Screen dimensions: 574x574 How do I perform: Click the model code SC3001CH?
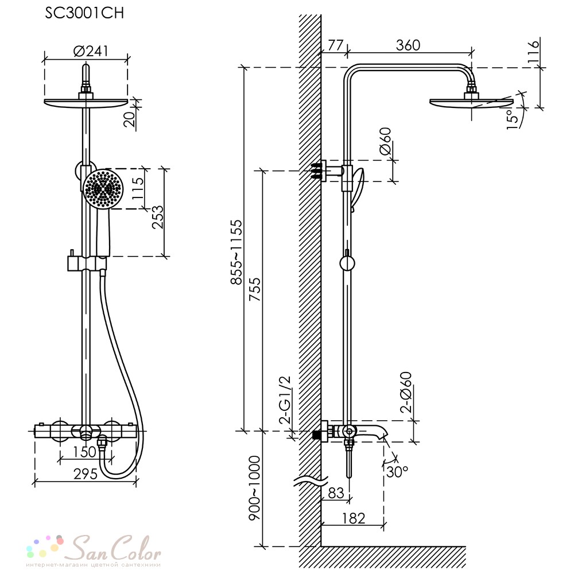pos(84,14)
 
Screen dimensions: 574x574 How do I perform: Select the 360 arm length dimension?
pos(408,45)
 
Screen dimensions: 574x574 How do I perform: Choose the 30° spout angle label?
pos(397,471)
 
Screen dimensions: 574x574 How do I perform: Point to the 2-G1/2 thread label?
pos(285,400)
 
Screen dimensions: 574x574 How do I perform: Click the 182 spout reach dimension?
pos(353,518)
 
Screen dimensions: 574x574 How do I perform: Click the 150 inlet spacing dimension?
pos(85,452)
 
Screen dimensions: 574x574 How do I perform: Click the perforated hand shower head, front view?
pos(103,189)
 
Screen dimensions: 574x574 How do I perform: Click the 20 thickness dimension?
pos(130,118)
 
